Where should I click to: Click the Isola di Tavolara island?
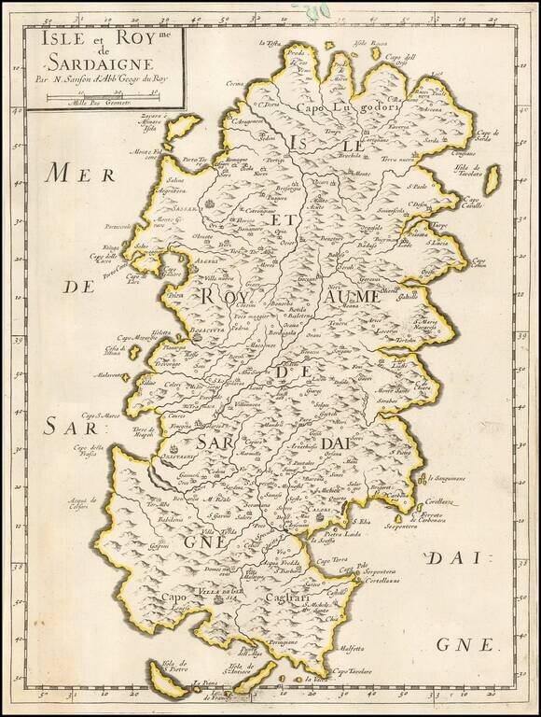(492, 179)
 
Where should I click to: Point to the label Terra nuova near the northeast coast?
(396, 161)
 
